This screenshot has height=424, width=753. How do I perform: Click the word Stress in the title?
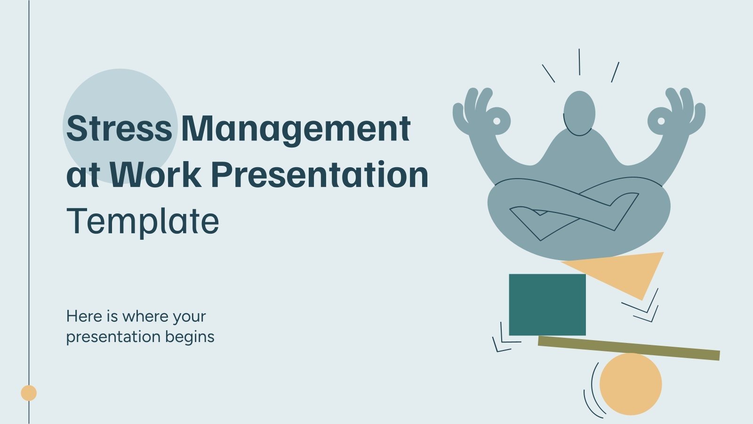(119, 128)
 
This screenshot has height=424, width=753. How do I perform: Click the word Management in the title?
(296, 129)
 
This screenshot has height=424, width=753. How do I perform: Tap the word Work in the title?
(155, 174)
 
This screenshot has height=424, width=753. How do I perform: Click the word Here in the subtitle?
(84, 316)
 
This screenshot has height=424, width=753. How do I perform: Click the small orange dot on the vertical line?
(29, 393)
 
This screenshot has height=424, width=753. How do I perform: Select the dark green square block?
(547, 304)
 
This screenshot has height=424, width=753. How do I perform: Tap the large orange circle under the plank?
(631, 384)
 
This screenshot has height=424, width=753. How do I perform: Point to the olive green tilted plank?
(629, 348)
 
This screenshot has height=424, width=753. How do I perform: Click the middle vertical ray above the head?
(579, 62)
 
